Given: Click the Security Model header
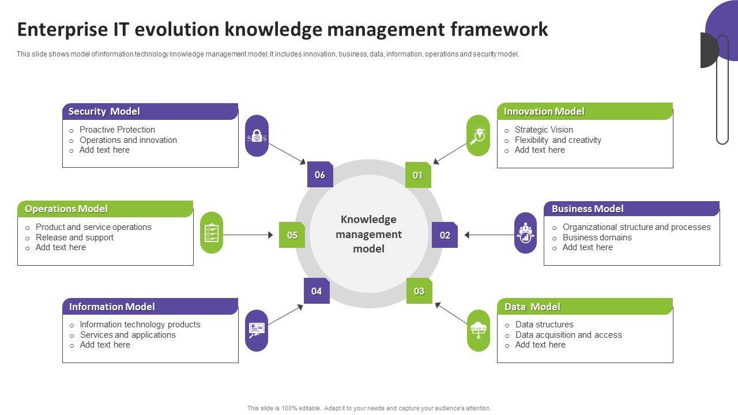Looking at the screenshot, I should coord(150,112).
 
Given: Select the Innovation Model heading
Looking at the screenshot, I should coord(585,112).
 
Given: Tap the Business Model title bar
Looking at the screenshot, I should coord(631,209).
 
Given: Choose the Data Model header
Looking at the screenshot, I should coord(585,307).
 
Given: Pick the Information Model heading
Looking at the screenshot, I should coord(150,307).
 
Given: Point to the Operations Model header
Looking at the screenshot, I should coord(105,209).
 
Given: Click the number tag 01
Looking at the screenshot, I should coord(418,175).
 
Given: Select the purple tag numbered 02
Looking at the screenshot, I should coord(445,235).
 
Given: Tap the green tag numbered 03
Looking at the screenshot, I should coord(419,291).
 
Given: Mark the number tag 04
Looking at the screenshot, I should coord(317,291).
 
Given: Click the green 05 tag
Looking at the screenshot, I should coord(292,235).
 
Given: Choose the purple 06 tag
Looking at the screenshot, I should coord(320,175).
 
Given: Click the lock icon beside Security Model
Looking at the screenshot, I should coord(257,136).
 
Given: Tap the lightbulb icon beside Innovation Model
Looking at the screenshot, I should coord(479,136).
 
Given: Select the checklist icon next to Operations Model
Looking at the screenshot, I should coord(212,233).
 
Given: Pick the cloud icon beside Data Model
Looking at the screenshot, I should coord(479,330).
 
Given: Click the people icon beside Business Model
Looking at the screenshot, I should coord(525,233).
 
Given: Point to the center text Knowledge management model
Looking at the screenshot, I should coord(369,234).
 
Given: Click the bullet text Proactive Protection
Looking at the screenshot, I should coord(117,130).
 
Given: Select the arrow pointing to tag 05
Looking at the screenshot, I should coord(248,235).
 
